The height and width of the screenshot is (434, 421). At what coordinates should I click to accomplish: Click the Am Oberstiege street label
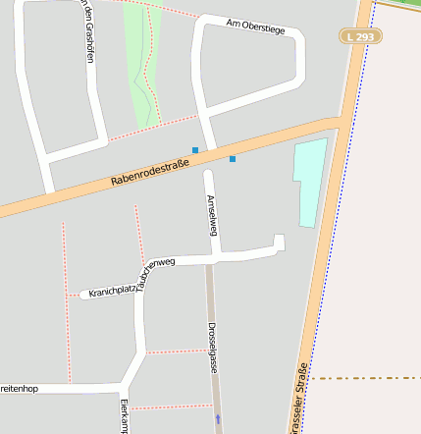[x=255, y=25]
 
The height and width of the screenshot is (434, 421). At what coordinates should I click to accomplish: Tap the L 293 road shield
[x=360, y=36]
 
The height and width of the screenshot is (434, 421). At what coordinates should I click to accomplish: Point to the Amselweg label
[x=211, y=215]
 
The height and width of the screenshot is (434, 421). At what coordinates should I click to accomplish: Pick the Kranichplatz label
[x=111, y=291]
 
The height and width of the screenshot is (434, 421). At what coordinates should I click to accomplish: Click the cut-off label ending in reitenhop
[x=19, y=389]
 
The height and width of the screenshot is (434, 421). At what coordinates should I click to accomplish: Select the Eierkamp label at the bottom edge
[x=125, y=416]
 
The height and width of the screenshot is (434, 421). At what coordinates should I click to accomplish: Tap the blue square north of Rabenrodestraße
[x=195, y=150]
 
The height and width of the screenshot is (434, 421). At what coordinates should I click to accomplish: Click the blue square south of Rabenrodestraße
[x=233, y=158]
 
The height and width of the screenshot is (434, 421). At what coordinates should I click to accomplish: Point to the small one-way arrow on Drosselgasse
[x=218, y=418]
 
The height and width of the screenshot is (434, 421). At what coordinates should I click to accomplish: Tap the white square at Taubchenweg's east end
[x=279, y=242]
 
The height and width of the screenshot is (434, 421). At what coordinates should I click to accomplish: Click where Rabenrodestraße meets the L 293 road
[x=339, y=123]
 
